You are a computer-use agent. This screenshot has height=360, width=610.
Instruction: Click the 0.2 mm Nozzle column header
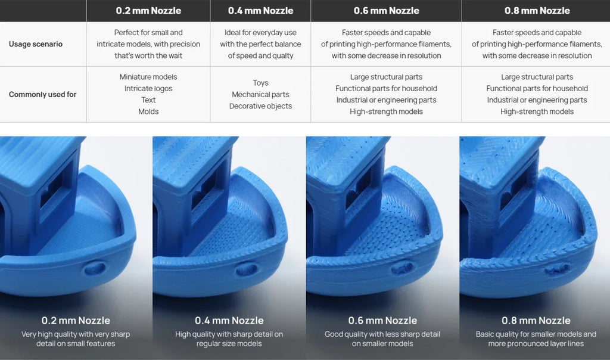point(148,11)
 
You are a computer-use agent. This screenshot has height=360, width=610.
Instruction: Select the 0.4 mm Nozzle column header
point(261,11)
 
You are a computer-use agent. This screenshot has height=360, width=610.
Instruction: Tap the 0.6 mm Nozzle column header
point(386,11)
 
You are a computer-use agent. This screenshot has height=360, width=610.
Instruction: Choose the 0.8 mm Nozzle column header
point(537,11)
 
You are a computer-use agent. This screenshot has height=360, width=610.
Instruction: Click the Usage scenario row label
point(36,44)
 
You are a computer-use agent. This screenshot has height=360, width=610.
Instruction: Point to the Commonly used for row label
point(43,94)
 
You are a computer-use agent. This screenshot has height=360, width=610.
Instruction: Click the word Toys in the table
point(261,83)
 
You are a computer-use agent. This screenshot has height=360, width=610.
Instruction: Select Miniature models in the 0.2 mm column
point(148,77)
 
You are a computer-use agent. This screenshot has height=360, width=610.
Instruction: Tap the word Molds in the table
point(148,111)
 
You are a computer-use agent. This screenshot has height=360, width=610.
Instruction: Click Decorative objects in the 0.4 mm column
point(261,106)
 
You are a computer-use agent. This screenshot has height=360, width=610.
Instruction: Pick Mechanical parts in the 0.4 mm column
point(261,94)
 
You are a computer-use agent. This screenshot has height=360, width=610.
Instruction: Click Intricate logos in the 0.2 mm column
point(148,88)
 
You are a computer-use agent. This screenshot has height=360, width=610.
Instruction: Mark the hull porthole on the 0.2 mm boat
point(95,268)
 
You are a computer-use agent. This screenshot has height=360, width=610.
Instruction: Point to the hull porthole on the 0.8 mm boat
point(557,268)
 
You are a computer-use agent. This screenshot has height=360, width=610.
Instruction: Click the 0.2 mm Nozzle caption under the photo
point(76,320)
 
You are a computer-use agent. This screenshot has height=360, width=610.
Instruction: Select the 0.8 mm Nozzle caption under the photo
point(536,320)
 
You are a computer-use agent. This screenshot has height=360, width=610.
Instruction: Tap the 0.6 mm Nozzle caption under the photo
point(382,320)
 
